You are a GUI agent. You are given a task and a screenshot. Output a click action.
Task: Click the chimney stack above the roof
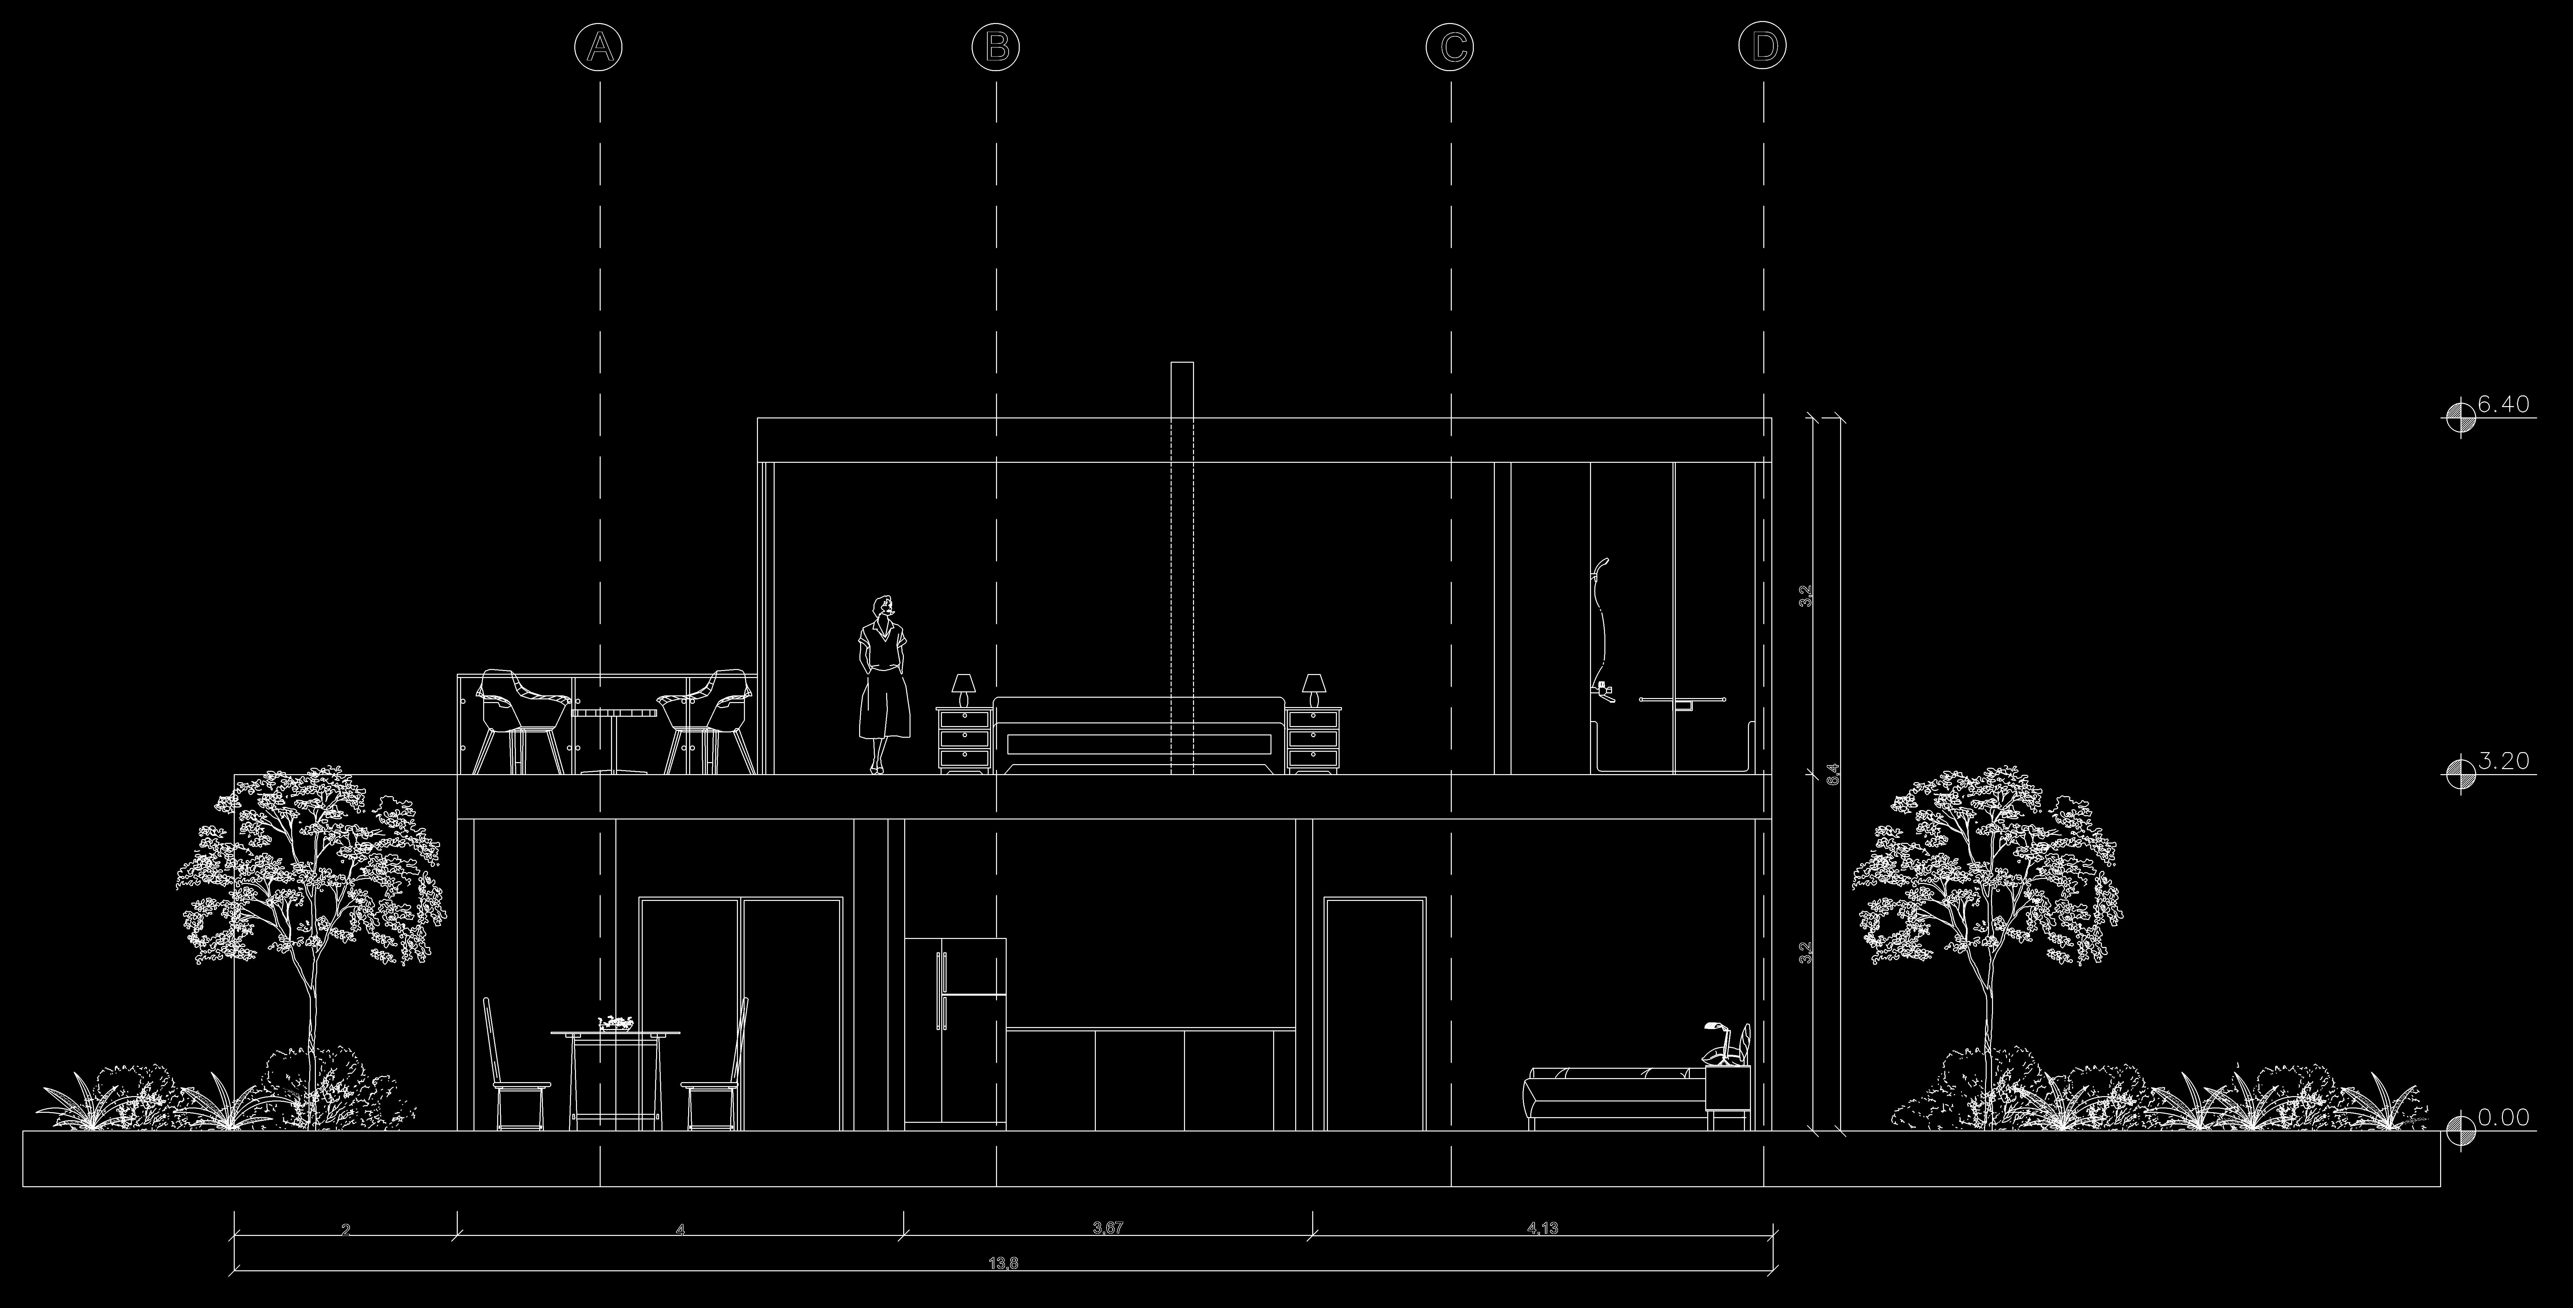[1182, 389]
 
